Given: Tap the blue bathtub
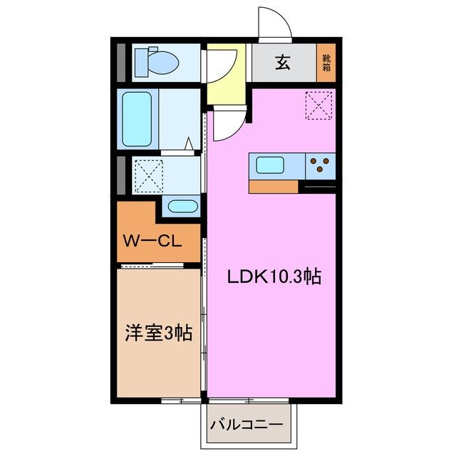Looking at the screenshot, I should [138, 119].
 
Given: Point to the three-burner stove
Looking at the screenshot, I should [321, 166].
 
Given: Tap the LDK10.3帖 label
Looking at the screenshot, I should [274, 276].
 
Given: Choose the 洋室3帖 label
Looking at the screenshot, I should [159, 333].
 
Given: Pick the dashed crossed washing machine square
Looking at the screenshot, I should [148, 175].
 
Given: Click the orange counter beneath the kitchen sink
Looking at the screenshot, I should [274, 187].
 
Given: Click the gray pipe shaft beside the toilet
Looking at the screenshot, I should [121, 62].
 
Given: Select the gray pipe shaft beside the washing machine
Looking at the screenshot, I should [121, 175].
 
